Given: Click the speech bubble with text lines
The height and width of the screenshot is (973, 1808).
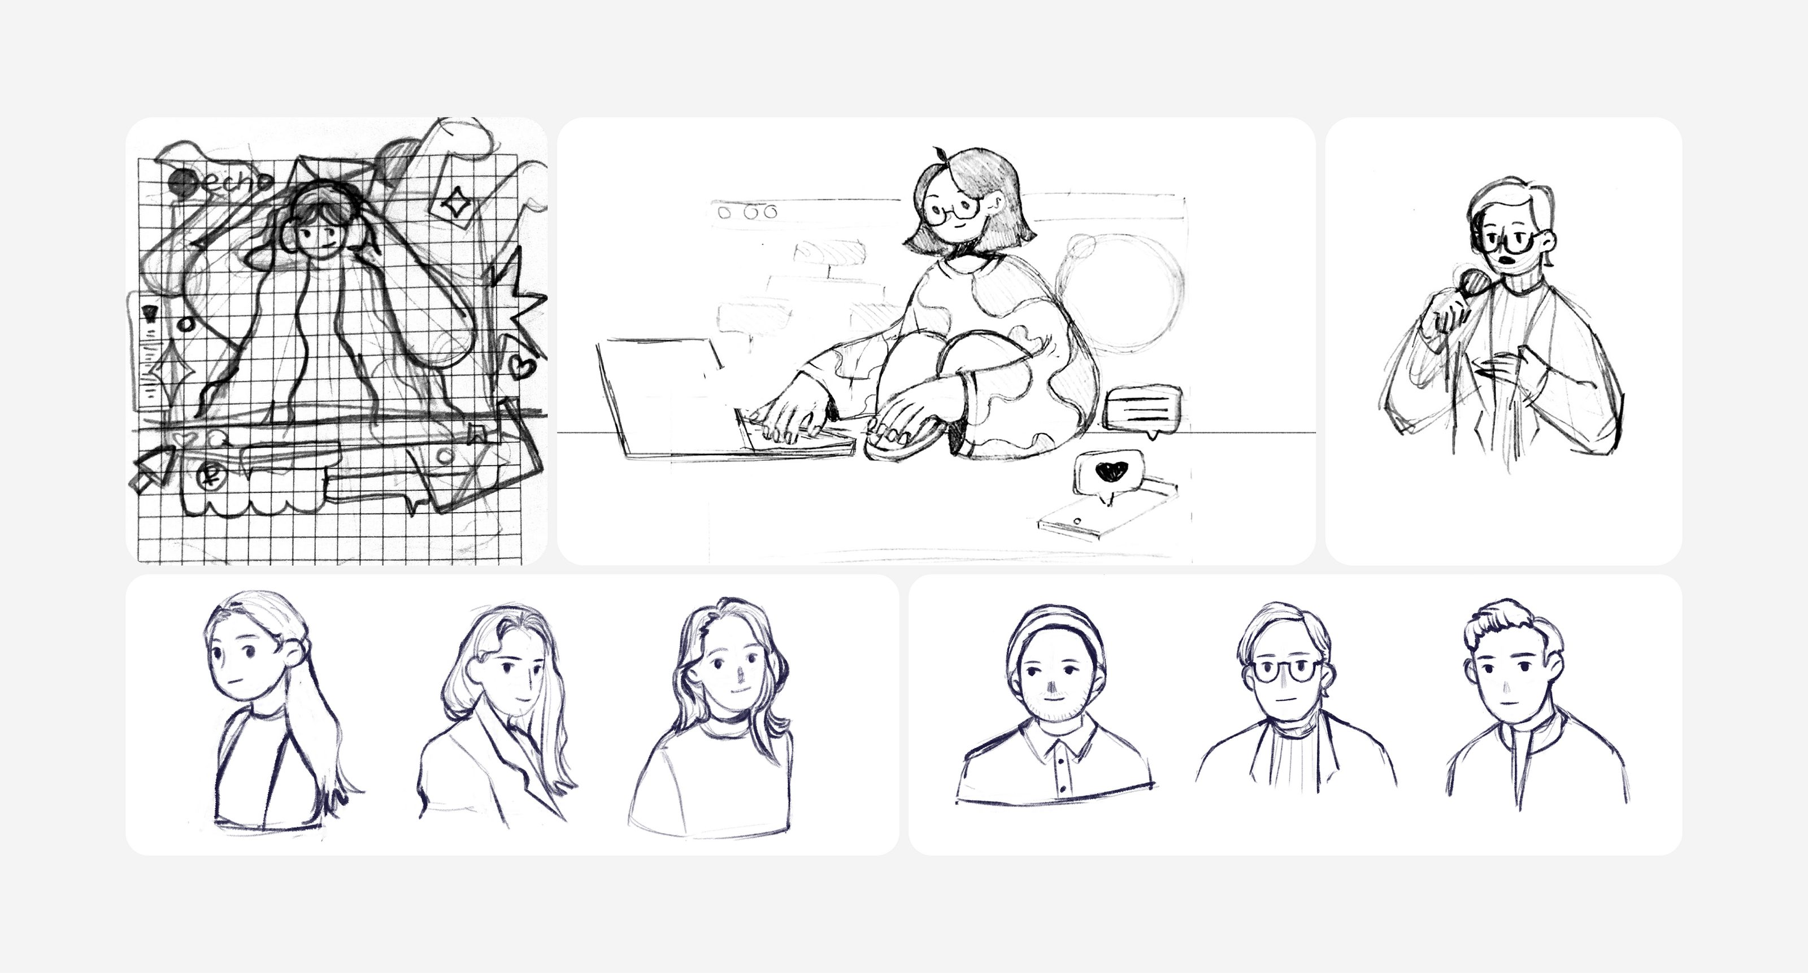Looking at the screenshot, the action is (x=1142, y=409).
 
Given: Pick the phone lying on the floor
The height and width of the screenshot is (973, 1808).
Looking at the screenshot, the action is (x=1106, y=511).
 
